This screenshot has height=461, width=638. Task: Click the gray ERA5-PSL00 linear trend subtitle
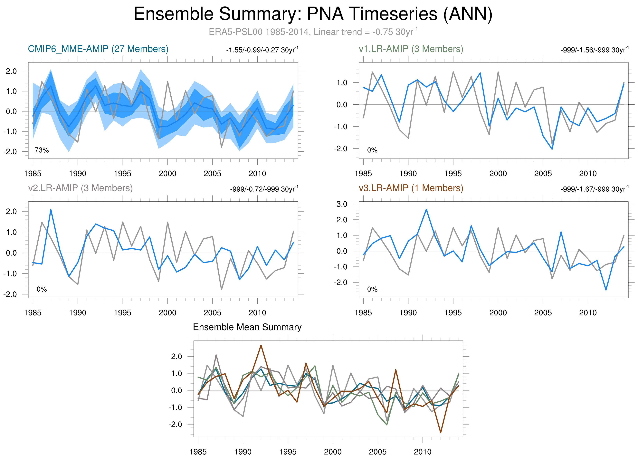[313, 32]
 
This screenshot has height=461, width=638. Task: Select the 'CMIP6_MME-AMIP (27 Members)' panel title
[98, 49]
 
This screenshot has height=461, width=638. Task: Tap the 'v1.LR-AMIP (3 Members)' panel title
[411, 49]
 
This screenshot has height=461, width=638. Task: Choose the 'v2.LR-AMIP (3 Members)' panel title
[81, 188]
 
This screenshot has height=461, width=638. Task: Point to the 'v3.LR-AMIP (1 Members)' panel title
[411, 188]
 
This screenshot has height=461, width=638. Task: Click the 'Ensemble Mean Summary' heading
[247, 327]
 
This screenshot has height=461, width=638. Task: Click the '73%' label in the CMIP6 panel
[42, 150]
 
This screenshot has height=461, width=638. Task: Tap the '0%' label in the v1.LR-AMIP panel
[372, 150]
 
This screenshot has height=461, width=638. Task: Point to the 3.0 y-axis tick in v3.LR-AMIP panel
[342, 204]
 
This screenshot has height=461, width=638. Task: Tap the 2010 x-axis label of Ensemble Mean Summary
[423, 452]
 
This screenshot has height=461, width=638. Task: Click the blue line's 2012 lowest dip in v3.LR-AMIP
[606, 290]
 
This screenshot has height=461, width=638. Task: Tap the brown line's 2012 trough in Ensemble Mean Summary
[441, 433]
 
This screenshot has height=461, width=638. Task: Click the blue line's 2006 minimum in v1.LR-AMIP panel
[552, 149]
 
